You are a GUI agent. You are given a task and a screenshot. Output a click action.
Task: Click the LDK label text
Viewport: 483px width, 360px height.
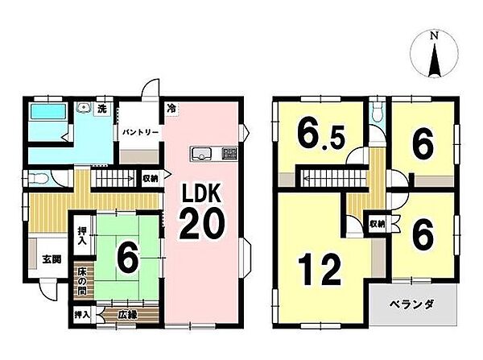[202, 193]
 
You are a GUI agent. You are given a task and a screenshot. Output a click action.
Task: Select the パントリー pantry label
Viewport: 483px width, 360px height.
[141, 133]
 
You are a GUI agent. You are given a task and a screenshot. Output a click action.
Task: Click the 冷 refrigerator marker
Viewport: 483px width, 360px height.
[171, 109]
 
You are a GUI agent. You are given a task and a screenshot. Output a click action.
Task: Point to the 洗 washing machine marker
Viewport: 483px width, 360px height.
[102, 109]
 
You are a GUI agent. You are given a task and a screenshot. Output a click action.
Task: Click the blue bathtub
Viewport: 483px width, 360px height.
[48, 111]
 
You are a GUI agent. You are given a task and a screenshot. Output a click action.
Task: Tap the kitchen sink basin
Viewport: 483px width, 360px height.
[201, 153]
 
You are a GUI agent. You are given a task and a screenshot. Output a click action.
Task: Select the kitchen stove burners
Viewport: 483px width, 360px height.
[229, 153]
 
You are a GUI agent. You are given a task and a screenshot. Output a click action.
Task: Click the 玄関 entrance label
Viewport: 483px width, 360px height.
[52, 259]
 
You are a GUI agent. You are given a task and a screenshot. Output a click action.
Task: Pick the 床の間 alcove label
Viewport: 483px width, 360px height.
[81, 281]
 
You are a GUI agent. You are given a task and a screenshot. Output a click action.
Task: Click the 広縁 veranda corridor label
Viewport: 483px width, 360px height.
[127, 315]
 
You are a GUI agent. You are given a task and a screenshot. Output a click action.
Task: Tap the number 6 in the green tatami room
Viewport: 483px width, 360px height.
[127, 258]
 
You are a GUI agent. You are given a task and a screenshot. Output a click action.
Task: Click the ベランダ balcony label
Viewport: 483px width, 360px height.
[411, 305]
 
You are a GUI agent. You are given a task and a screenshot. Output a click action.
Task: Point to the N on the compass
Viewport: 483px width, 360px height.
[435, 35]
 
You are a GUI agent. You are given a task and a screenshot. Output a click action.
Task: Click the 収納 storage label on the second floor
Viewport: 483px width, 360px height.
[377, 225]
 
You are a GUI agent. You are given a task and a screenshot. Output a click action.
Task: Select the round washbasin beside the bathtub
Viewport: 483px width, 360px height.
[84, 107]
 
